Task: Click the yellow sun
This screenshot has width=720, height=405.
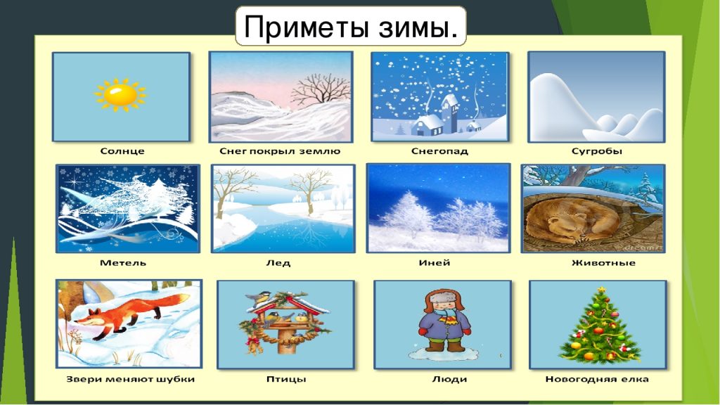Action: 120,94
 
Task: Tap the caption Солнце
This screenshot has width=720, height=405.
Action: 122,151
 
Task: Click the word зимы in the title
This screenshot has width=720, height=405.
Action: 419,27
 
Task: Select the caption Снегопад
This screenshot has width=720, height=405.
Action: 439,151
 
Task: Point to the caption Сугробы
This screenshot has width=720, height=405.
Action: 596,151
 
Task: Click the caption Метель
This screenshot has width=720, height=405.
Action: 123,263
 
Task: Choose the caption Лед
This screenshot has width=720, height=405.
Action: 278,263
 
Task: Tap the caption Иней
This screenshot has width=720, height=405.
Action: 435,263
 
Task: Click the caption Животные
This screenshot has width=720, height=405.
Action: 603,263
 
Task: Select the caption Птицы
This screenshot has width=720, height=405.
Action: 286,379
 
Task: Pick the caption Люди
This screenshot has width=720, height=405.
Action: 449,379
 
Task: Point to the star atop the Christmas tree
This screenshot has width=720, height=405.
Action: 601,290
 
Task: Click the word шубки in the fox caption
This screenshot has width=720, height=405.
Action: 176,380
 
